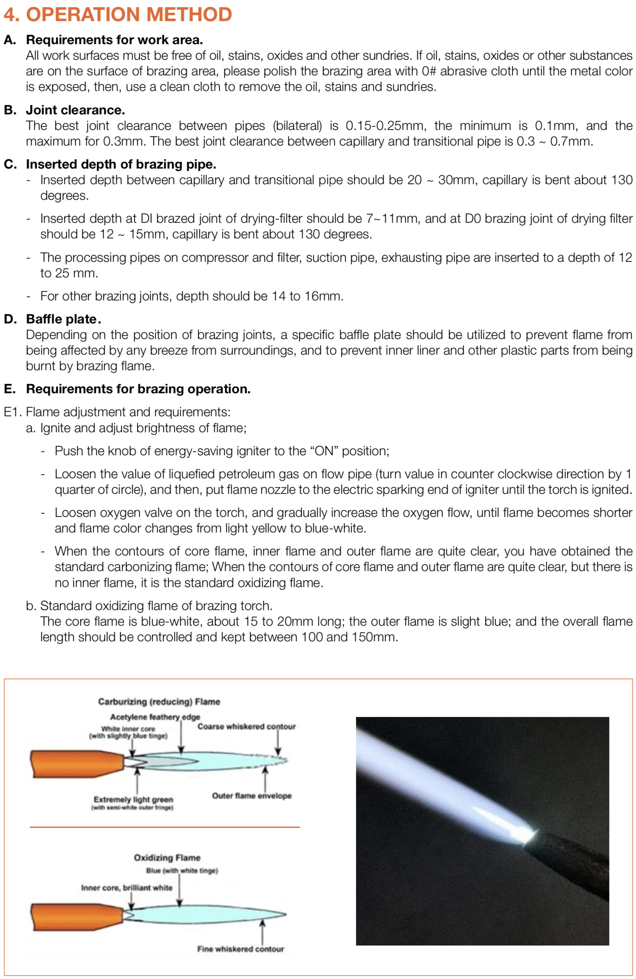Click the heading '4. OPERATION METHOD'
(x=118, y=14)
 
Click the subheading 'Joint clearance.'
(x=75, y=110)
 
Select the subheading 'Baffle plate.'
(x=63, y=319)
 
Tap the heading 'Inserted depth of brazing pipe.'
(x=121, y=164)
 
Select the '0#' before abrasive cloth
(x=429, y=71)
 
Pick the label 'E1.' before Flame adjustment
(x=13, y=412)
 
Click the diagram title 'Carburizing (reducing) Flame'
(x=159, y=701)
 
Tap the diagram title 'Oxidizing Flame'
(x=167, y=858)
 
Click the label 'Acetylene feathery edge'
(x=155, y=717)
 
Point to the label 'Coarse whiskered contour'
(x=247, y=726)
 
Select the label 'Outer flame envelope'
(x=251, y=796)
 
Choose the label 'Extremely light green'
(x=133, y=799)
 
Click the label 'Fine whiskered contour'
(x=240, y=949)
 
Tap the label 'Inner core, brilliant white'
(x=127, y=887)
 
